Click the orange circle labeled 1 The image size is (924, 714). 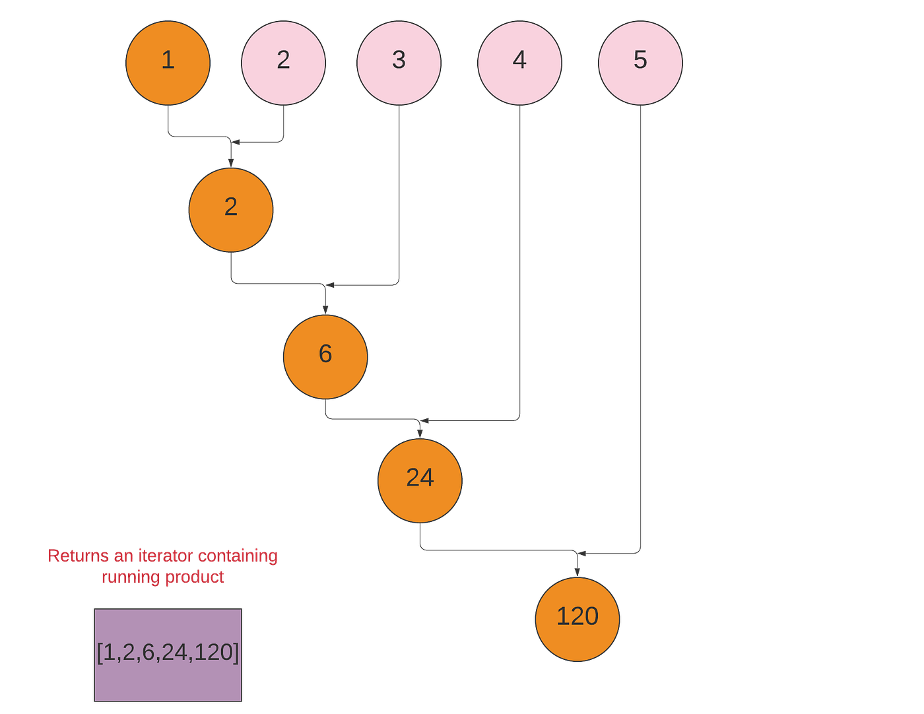pyautogui.click(x=168, y=63)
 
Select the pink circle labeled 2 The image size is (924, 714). pyautogui.click(x=283, y=63)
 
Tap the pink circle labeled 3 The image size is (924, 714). pyautogui.click(x=399, y=63)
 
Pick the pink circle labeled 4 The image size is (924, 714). pyautogui.click(x=519, y=63)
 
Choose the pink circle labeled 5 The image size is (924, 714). pyautogui.click(x=640, y=63)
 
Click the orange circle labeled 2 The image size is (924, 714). pyautogui.click(x=230, y=210)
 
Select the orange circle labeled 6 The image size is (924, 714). pyautogui.click(x=325, y=356)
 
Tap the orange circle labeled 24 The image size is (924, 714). pyautogui.click(x=420, y=480)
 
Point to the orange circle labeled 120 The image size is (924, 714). pyautogui.click(x=577, y=619)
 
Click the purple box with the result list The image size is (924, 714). pyautogui.click(x=168, y=655)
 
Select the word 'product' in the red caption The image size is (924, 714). pyautogui.click(x=195, y=577)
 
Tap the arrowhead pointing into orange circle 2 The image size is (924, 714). pyautogui.click(x=230, y=162)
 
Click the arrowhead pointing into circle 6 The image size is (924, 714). pyautogui.click(x=325, y=309)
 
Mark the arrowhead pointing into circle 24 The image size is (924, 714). pyautogui.click(x=420, y=432)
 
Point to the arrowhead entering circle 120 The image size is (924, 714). pyautogui.click(x=577, y=571)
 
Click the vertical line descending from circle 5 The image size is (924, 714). pyautogui.click(x=640, y=330)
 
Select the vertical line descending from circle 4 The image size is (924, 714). pyautogui.click(x=519, y=264)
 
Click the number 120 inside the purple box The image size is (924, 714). pyautogui.click(x=213, y=652)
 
